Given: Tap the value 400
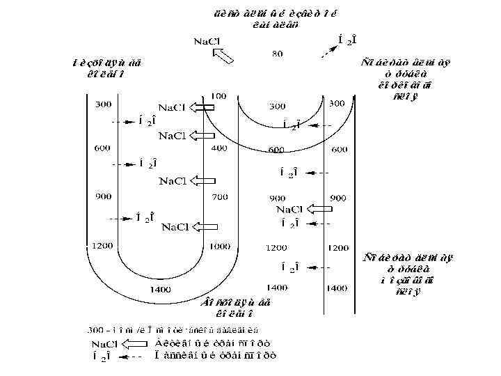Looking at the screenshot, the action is pos(219,148).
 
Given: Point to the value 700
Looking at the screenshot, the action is pos(219,197).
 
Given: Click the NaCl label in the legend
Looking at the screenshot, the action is pos(105,343).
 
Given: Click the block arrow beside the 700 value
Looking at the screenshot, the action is pos(205,181).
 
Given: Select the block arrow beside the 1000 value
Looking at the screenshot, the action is pos(207,226).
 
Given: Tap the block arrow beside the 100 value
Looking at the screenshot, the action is pos(205,107).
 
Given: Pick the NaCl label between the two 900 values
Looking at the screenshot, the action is pos(289,209).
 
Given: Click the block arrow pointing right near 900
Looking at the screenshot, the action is pos(319,208).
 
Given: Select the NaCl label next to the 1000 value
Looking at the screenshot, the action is pos(175,226).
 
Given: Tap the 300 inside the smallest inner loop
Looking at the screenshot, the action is pos(277,107).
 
